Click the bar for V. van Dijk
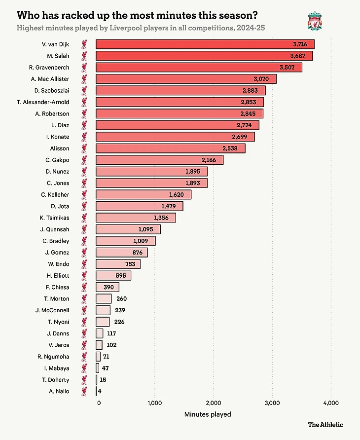205,44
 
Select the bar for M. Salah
204,56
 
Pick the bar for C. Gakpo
159,160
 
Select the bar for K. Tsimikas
136,218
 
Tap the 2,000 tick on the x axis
214,403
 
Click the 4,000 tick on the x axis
331,403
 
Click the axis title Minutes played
208,414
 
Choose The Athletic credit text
325,424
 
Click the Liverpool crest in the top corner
314,21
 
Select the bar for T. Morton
104,298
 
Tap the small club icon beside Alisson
85,148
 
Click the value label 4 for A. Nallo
100,391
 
